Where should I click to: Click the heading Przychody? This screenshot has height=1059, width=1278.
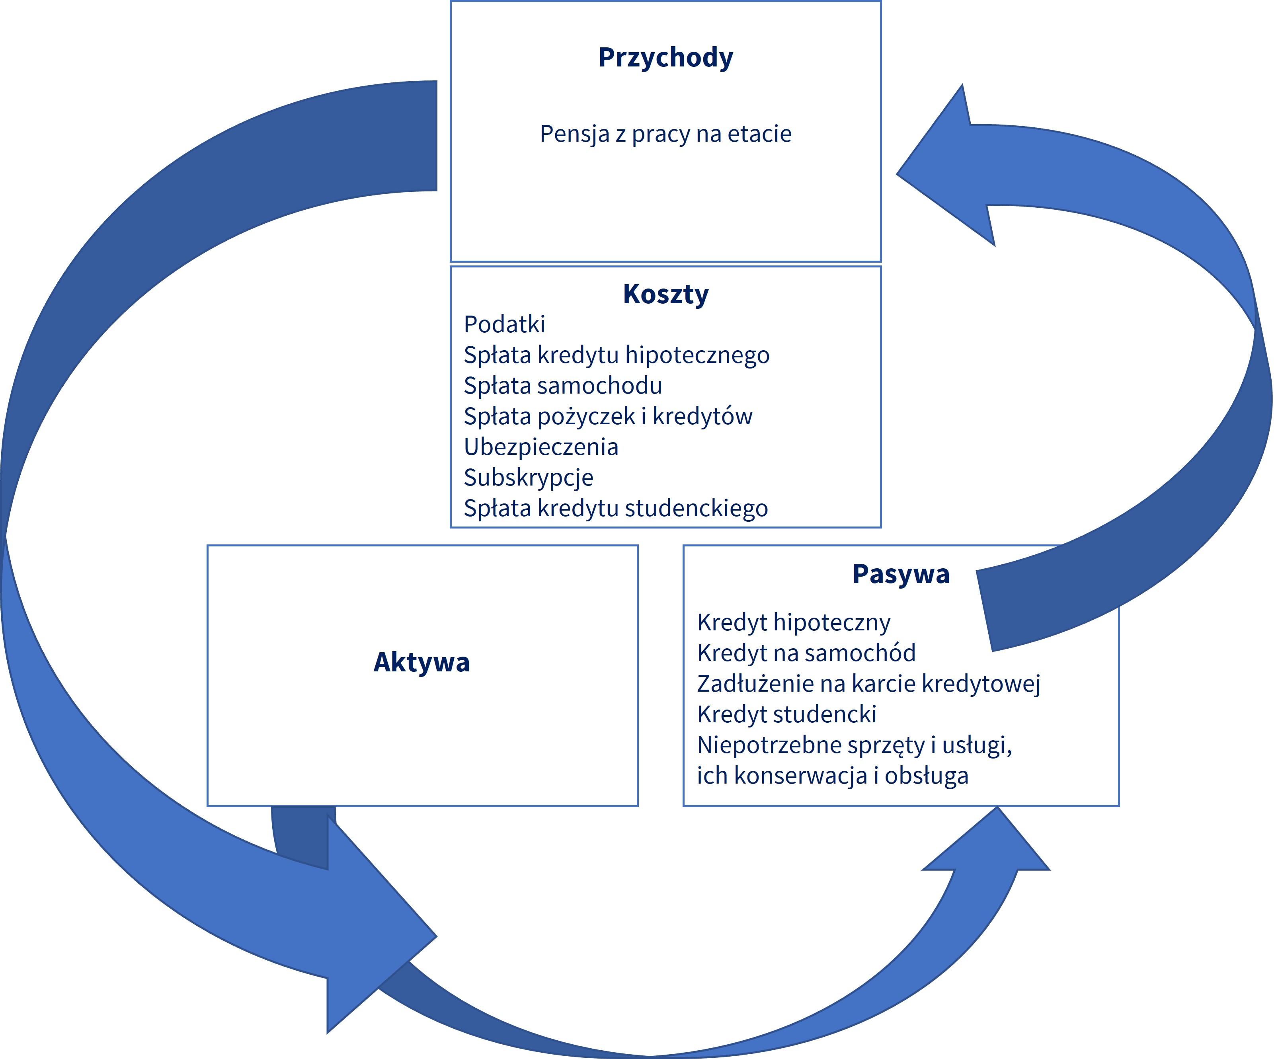click(x=666, y=58)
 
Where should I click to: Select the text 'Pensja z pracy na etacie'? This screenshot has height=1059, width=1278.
click(x=666, y=134)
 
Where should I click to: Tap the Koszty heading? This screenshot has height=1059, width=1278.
click(x=666, y=294)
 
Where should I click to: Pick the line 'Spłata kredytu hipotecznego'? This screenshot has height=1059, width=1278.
click(x=617, y=355)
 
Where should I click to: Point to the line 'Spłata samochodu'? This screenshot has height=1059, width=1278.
click(x=563, y=386)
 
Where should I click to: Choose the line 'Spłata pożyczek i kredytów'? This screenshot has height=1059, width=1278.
click(x=608, y=416)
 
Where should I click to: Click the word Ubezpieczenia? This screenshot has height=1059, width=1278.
click(x=541, y=447)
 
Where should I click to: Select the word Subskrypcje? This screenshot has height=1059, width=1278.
click(x=528, y=478)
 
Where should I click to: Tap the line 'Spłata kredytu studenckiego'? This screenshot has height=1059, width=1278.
click(x=616, y=508)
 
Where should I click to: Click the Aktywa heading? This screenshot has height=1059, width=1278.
click(x=422, y=662)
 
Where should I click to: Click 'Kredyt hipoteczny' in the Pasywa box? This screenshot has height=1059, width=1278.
click(x=794, y=622)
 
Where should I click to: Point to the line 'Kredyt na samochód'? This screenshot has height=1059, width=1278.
click(x=806, y=653)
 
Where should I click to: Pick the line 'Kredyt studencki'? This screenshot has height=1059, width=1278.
click(x=787, y=714)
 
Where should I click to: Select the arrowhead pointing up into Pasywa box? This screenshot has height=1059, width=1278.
click(x=986, y=843)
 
